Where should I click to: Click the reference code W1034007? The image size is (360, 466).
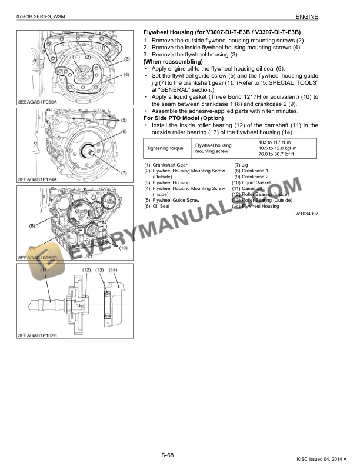307,215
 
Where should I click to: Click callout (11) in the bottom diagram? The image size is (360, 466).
44,269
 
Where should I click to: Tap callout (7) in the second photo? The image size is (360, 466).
124,173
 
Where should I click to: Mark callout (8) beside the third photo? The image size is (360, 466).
32,225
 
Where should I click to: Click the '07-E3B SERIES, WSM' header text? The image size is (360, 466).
41,18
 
